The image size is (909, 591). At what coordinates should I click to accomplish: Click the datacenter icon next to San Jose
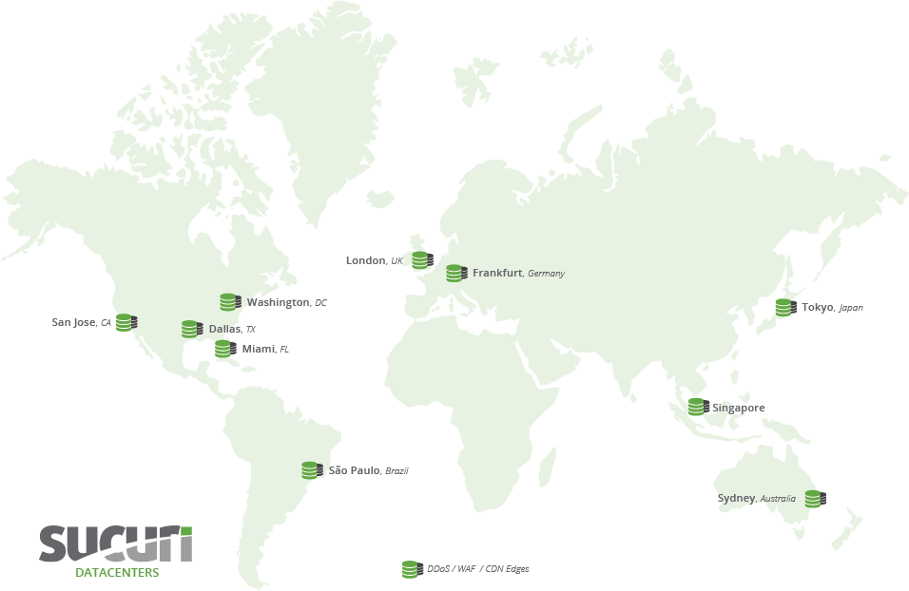point(126,322)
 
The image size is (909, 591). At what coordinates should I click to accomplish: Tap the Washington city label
point(278,302)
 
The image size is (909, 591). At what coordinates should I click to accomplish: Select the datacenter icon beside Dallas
point(192,329)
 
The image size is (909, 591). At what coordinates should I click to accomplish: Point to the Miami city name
point(258,349)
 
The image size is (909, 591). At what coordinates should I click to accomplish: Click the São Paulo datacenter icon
point(312,469)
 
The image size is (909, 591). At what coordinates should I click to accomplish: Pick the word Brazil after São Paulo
point(396,470)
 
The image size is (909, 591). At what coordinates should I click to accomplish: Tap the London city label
point(365,260)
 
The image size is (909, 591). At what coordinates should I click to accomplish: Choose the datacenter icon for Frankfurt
point(456,273)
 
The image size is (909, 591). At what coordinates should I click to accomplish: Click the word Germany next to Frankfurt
point(546,274)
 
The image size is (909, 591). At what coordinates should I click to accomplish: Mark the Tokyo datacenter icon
point(785,307)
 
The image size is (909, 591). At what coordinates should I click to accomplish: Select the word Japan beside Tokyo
point(851,308)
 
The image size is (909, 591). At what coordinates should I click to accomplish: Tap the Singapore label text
point(739,408)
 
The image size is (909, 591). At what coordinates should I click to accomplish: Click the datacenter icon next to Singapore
point(699,407)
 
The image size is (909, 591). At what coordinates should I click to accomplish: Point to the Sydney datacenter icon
point(815,498)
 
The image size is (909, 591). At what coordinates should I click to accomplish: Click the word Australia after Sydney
point(778,499)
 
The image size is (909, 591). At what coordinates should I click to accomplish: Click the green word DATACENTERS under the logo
point(117,573)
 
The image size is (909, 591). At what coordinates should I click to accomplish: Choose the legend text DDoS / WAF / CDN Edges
point(477,569)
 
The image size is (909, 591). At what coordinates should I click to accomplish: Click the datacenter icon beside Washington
point(230,302)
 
